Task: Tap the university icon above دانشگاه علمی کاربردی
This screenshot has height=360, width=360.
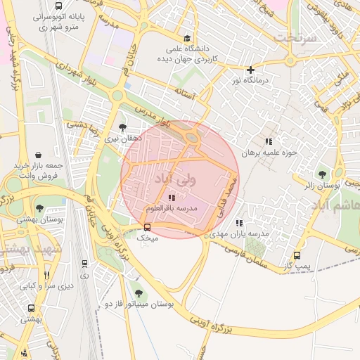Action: coord(186,38)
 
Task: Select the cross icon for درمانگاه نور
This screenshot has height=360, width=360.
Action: coord(250,70)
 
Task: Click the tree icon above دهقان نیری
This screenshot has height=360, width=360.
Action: coord(123,128)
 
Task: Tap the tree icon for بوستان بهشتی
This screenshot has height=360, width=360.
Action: coord(39,208)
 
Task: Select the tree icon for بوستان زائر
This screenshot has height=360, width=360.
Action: coord(322,174)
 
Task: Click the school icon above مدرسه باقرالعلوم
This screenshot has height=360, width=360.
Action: coord(172,198)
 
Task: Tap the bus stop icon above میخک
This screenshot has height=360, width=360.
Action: coord(147,227)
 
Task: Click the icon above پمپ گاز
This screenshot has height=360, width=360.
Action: coord(297,256)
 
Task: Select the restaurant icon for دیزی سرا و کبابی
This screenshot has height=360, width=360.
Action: coord(47,275)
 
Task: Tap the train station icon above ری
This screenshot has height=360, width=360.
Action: coord(85,264)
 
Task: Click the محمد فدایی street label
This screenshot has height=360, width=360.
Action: coord(228,197)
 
